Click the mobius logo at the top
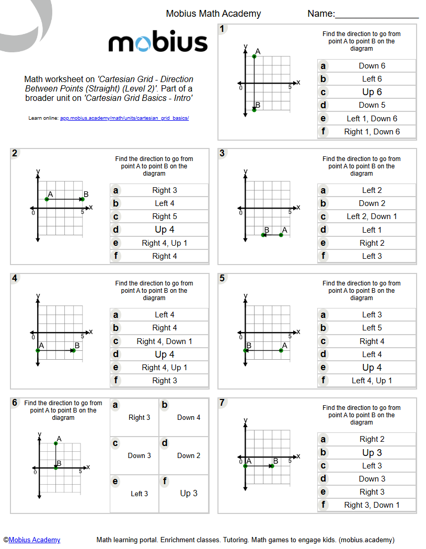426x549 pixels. tap(158, 42)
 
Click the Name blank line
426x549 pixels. tap(376, 17)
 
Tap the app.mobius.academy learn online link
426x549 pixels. tap(124, 118)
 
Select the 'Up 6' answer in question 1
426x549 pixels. tap(372, 92)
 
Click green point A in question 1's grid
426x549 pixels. tap(254, 56)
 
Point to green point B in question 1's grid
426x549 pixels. tap(254, 110)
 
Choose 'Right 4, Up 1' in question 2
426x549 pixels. tap(164, 243)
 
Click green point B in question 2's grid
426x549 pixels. tap(82, 199)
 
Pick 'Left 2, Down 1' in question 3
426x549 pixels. tap(372, 216)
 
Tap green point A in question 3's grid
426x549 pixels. tap(281, 235)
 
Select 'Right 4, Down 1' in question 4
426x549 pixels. tap(164, 341)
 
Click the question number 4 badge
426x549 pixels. tap(15, 278)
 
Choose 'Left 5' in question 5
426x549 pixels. tap(372, 328)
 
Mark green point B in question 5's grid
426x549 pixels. tap(245, 350)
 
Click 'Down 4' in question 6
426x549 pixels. tap(188, 417)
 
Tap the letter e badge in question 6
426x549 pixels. tap(115, 481)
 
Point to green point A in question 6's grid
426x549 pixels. tap(56, 443)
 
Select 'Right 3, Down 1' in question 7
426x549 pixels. tap(372, 505)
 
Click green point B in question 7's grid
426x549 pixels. tap(272, 465)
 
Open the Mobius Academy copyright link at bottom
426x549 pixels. tap(34, 540)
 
